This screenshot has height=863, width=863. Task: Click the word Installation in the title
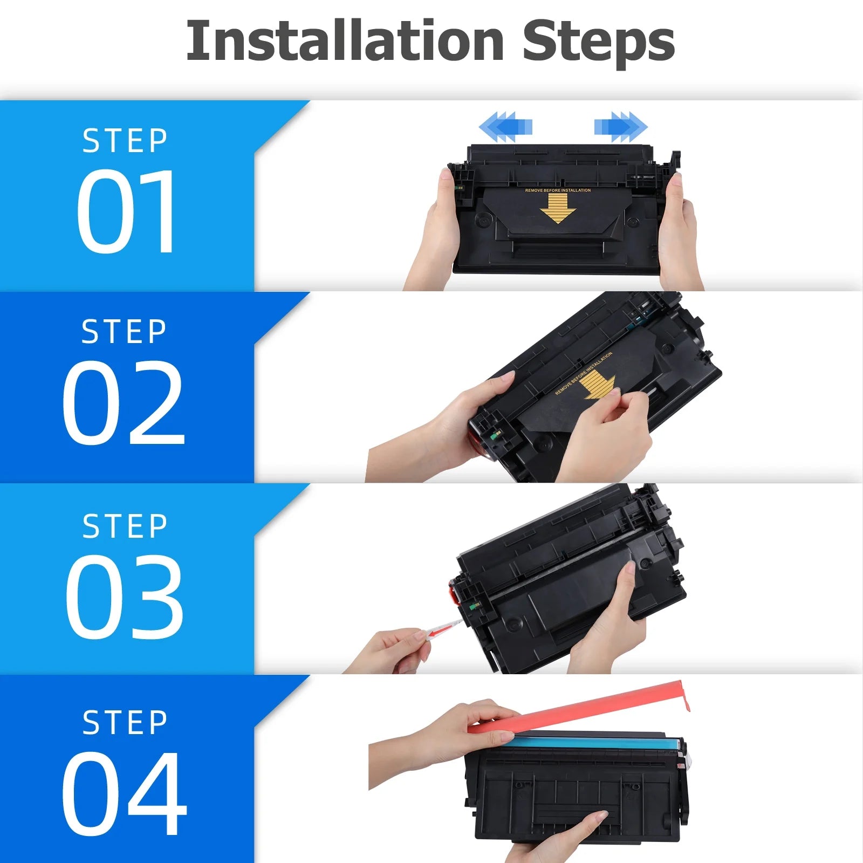click(x=345, y=40)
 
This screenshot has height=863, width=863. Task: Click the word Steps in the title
click(x=599, y=43)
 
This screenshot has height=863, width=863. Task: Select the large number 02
click(x=124, y=402)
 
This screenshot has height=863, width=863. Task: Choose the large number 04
click(x=125, y=793)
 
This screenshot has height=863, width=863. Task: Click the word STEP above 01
click(x=125, y=141)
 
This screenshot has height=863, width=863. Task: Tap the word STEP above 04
click(x=125, y=722)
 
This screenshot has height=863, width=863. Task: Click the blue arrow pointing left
click(x=505, y=127)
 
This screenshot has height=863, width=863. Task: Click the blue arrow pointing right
click(x=621, y=127)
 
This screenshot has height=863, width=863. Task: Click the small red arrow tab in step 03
click(x=444, y=628)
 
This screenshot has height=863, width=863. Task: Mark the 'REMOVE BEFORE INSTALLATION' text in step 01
click(x=558, y=190)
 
